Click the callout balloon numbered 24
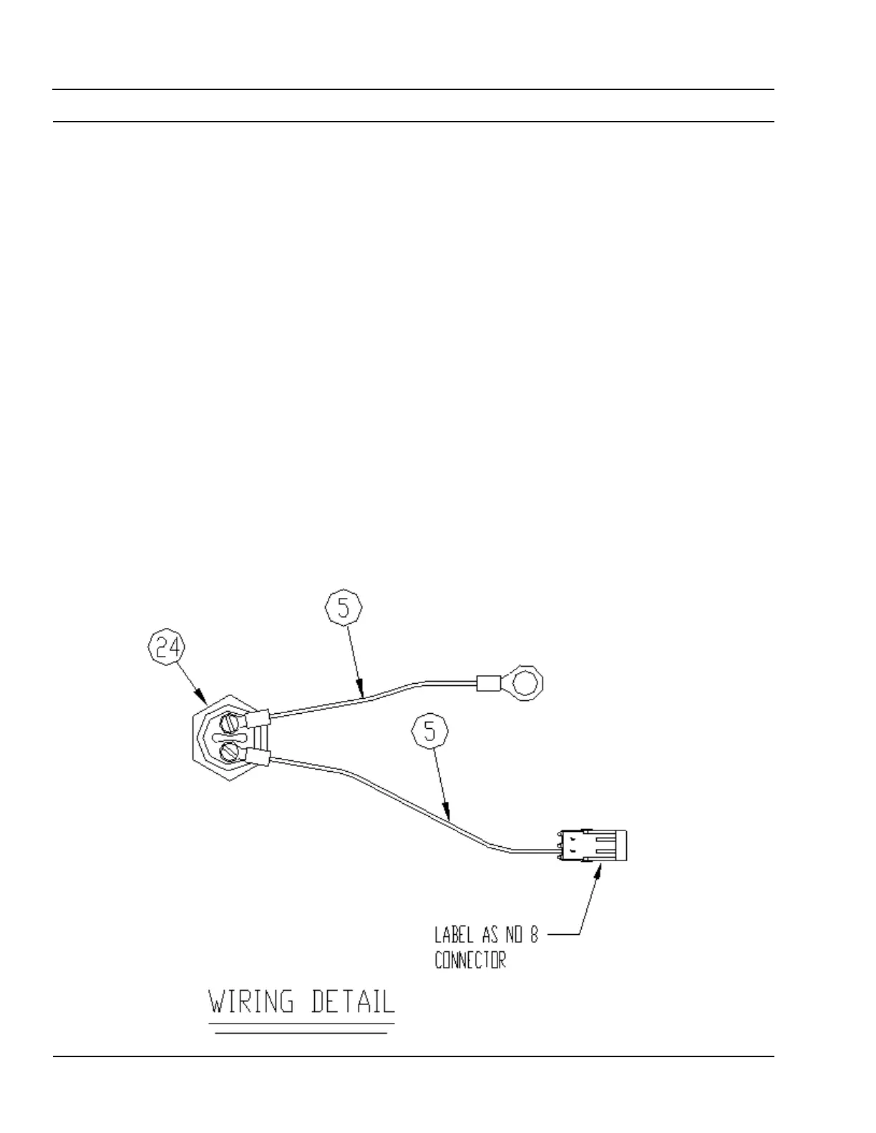[x=166, y=648]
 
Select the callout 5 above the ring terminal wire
[x=344, y=609]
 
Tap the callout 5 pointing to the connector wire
[x=430, y=732]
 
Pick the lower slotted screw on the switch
[x=230, y=751]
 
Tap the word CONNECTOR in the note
[x=470, y=960]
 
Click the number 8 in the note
[x=533, y=935]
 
